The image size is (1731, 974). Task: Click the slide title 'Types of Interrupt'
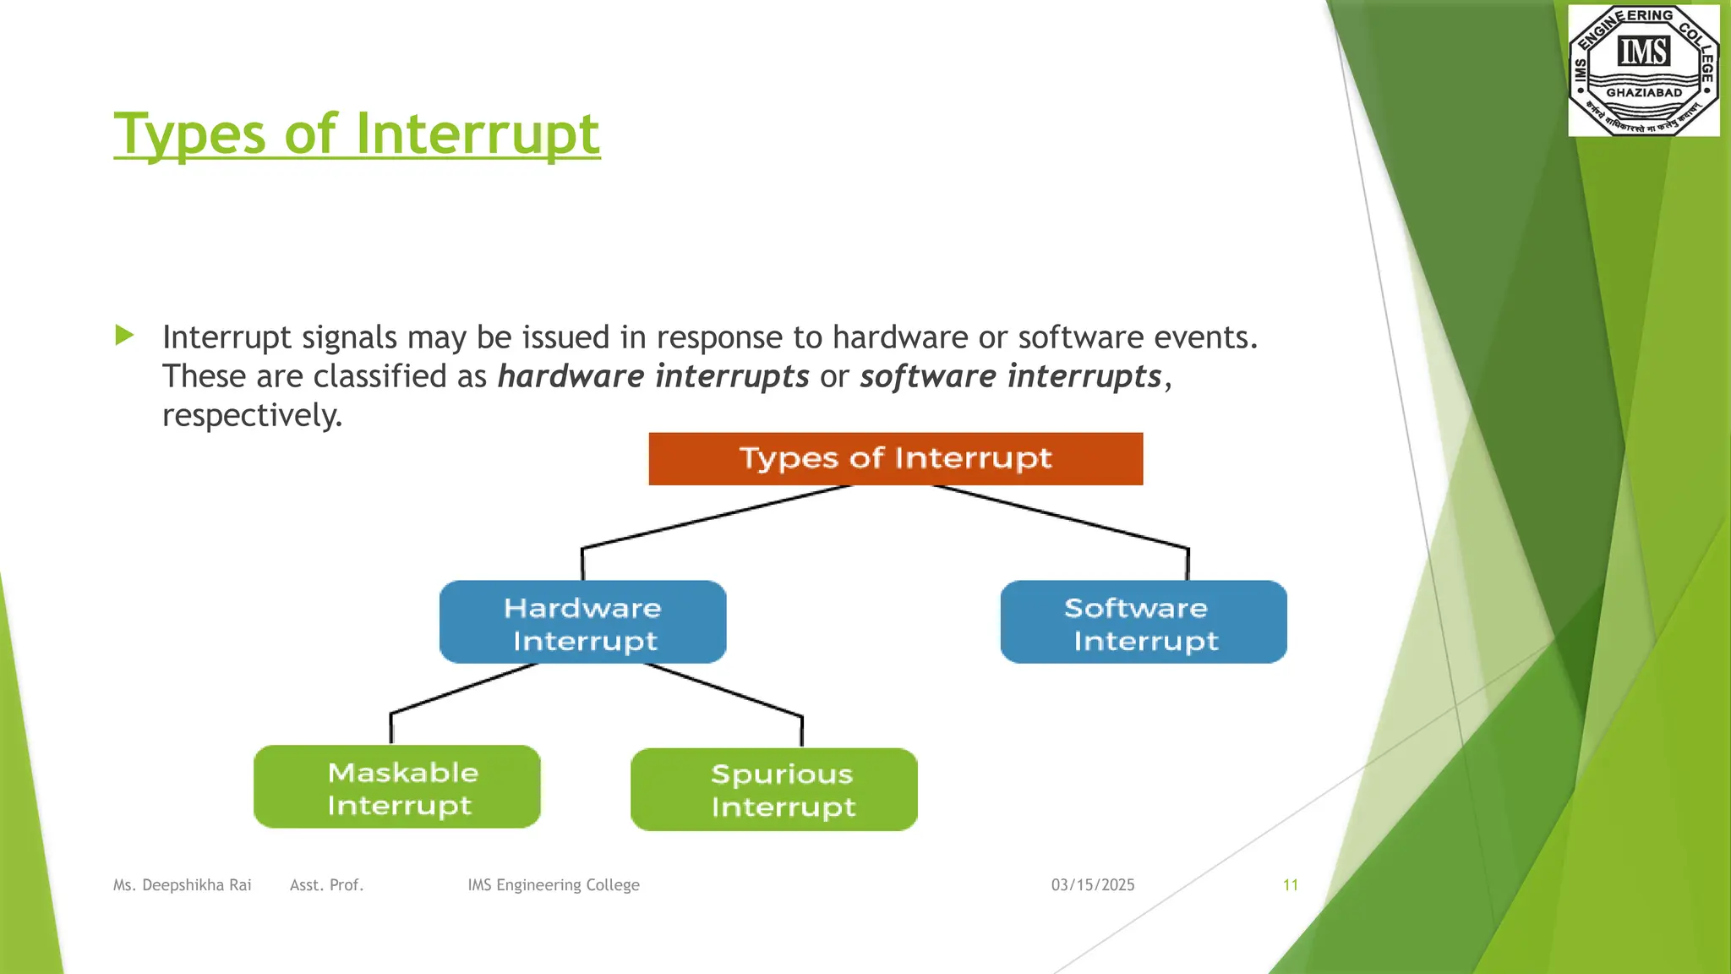click(x=357, y=134)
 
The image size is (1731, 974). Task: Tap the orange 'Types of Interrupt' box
click(x=895, y=458)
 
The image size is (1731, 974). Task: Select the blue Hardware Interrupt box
click(x=582, y=622)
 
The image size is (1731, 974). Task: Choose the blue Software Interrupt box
click(x=1143, y=622)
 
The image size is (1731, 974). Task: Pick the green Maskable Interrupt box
click(x=396, y=786)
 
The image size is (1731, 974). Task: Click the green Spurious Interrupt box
click(x=773, y=789)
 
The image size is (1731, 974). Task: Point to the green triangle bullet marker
click(x=124, y=336)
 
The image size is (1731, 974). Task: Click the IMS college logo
click(x=1643, y=70)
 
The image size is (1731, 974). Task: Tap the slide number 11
click(x=1290, y=884)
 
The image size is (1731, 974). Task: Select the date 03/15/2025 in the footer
click(x=1092, y=884)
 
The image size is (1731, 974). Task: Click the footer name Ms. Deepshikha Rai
click(x=182, y=884)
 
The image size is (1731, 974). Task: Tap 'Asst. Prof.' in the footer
click(x=326, y=884)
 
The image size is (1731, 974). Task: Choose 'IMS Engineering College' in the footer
click(x=553, y=884)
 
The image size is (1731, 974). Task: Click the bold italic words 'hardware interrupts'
click(x=653, y=376)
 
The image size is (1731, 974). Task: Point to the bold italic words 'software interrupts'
click(x=1010, y=376)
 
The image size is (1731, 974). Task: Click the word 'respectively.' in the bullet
click(x=252, y=415)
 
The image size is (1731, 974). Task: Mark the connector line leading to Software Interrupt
click(x=1061, y=517)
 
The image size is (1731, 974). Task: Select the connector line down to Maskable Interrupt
click(x=463, y=689)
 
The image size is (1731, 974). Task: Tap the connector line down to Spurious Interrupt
click(x=723, y=689)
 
